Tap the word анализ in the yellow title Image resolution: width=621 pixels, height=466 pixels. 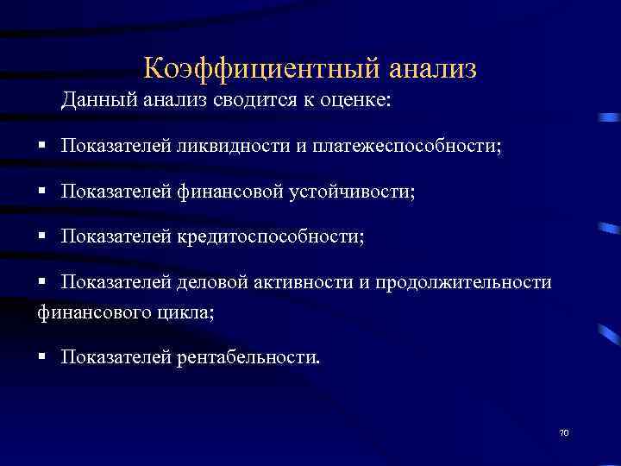[433, 66]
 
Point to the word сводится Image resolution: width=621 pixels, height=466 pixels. [241, 102]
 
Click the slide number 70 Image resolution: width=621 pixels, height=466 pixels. [565, 432]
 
